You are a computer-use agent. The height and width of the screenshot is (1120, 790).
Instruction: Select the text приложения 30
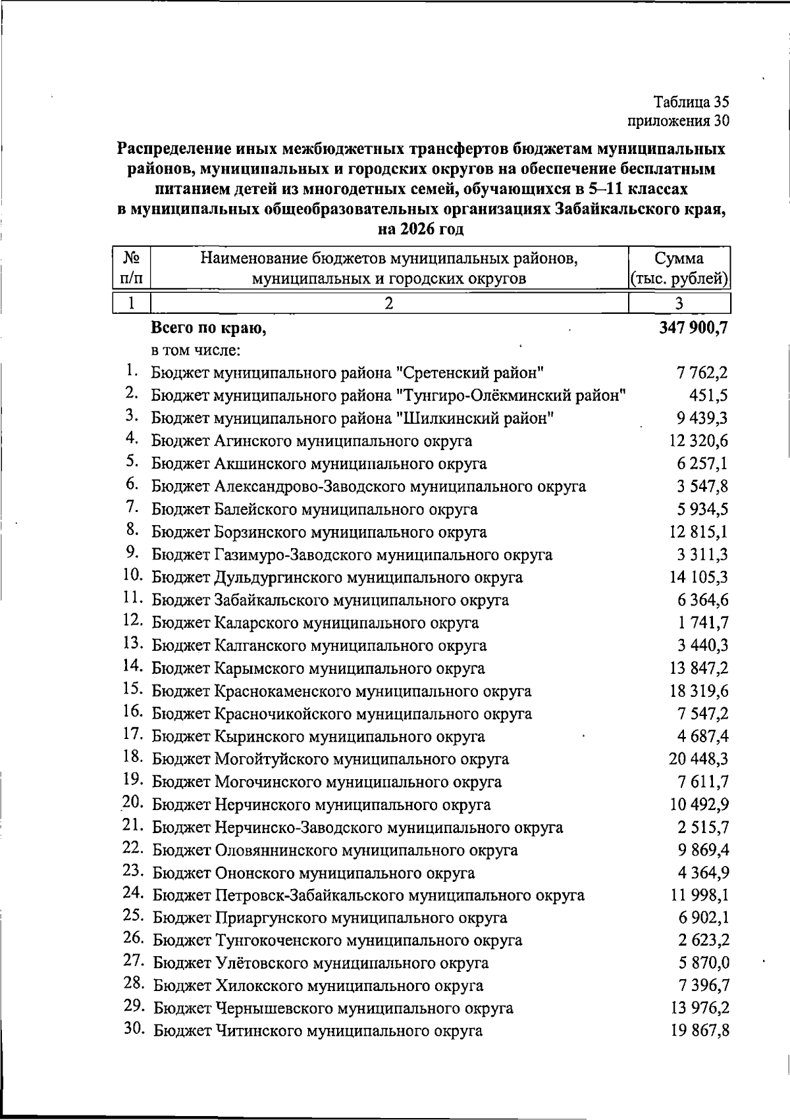coord(678,121)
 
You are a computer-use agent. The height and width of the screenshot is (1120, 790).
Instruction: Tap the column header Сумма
coord(679,259)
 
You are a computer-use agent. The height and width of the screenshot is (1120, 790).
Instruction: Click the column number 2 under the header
coord(389,303)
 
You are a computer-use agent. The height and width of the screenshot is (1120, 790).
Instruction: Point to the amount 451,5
coord(708,396)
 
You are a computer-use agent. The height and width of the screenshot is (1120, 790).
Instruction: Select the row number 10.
coord(133,574)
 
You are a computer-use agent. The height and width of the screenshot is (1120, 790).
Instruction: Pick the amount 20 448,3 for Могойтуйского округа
coord(698,759)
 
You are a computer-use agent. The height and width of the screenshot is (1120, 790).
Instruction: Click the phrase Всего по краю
coord(209,328)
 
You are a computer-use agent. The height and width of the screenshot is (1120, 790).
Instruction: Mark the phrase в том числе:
coord(195,349)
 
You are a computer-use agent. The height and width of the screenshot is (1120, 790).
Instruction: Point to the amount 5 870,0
coord(704,963)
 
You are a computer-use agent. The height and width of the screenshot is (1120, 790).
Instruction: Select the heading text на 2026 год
coord(421,230)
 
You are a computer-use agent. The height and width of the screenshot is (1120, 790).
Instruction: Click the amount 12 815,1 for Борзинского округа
coord(698,532)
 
